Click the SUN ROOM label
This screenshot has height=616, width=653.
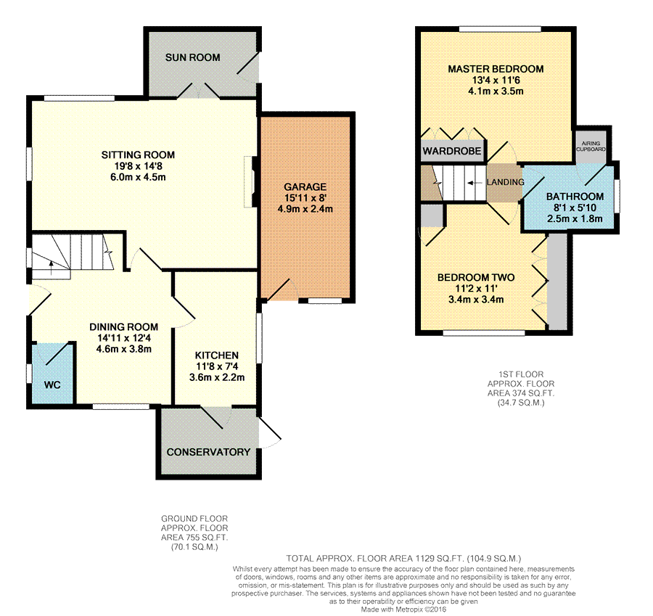tap(192, 57)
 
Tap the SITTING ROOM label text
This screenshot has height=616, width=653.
tap(138, 155)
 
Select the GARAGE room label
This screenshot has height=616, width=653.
tap(305, 186)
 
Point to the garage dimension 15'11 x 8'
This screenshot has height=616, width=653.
tap(305, 198)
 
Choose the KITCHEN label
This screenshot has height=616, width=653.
tap(217, 355)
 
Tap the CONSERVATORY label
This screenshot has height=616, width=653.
tap(208, 452)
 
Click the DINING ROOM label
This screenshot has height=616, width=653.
tap(123, 327)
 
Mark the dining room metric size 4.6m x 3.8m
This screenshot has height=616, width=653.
tap(123, 348)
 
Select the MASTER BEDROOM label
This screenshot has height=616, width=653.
tap(496, 69)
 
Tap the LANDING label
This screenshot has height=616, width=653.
tap(505, 182)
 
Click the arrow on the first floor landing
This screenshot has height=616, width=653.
tap(475, 183)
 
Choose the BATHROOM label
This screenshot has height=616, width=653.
tap(575, 197)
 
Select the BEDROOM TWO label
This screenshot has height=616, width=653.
tap(475, 277)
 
